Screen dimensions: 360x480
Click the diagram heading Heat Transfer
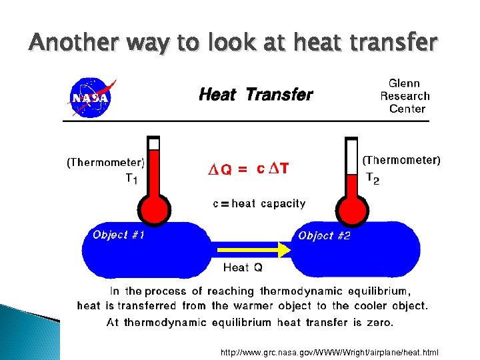pyautogui.click(x=255, y=95)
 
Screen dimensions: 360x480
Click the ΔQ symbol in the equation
pyautogui.click(x=221, y=169)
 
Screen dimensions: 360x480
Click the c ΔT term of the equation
pyautogui.click(x=273, y=168)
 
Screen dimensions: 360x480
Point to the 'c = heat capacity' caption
pyautogui.click(x=259, y=204)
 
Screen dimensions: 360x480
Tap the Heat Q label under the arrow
pyautogui.click(x=243, y=267)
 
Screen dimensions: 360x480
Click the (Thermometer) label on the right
pyautogui.click(x=401, y=160)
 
